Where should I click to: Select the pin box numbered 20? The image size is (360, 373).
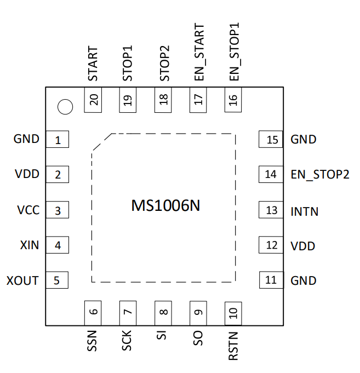pyautogui.click(x=93, y=100)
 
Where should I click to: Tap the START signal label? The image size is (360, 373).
pyautogui.click(x=93, y=64)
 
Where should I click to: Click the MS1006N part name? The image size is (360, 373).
pyautogui.click(x=165, y=205)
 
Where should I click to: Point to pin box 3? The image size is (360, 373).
pyautogui.click(x=58, y=210)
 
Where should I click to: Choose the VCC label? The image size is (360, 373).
pyautogui.click(x=28, y=210)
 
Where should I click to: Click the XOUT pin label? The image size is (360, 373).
pyautogui.click(x=22, y=280)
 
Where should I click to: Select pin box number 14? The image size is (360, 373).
pyautogui.click(x=271, y=174)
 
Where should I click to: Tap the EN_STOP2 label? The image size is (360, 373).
pyautogui.click(x=320, y=175)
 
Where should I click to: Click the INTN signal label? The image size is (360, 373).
pyautogui.click(x=304, y=211)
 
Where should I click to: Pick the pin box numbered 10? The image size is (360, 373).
pyautogui.click(x=233, y=313)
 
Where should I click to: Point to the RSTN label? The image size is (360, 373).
pyautogui.click(x=233, y=346)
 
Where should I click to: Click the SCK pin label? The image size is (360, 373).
pyautogui.click(x=127, y=340)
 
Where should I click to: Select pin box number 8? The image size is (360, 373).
pyautogui.click(x=163, y=313)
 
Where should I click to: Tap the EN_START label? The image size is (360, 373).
pyautogui.click(x=199, y=52)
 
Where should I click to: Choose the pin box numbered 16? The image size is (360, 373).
pyautogui.click(x=233, y=100)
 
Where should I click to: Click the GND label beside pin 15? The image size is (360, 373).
pyautogui.click(x=304, y=140)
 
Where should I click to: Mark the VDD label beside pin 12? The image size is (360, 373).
pyautogui.click(x=303, y=246)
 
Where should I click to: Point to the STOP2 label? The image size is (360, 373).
pyautogui.click(x=164, y=64)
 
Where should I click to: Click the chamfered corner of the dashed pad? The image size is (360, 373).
pyautogui.click(x=102, y=142)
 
